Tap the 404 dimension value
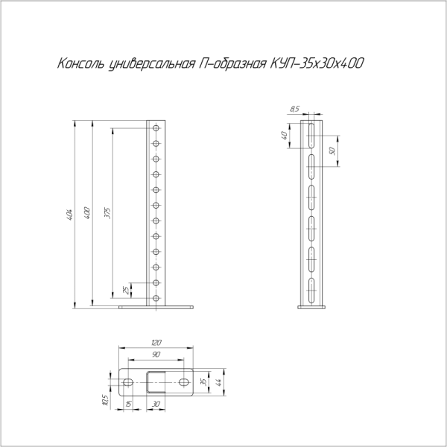(69, 215)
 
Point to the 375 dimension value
(107, 215)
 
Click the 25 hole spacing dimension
(125, 291)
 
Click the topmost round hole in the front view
(156, 128)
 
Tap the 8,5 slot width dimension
(296, 110)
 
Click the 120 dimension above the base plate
(156, 343)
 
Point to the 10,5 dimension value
(107, 400)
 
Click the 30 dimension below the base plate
(156, 405)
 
